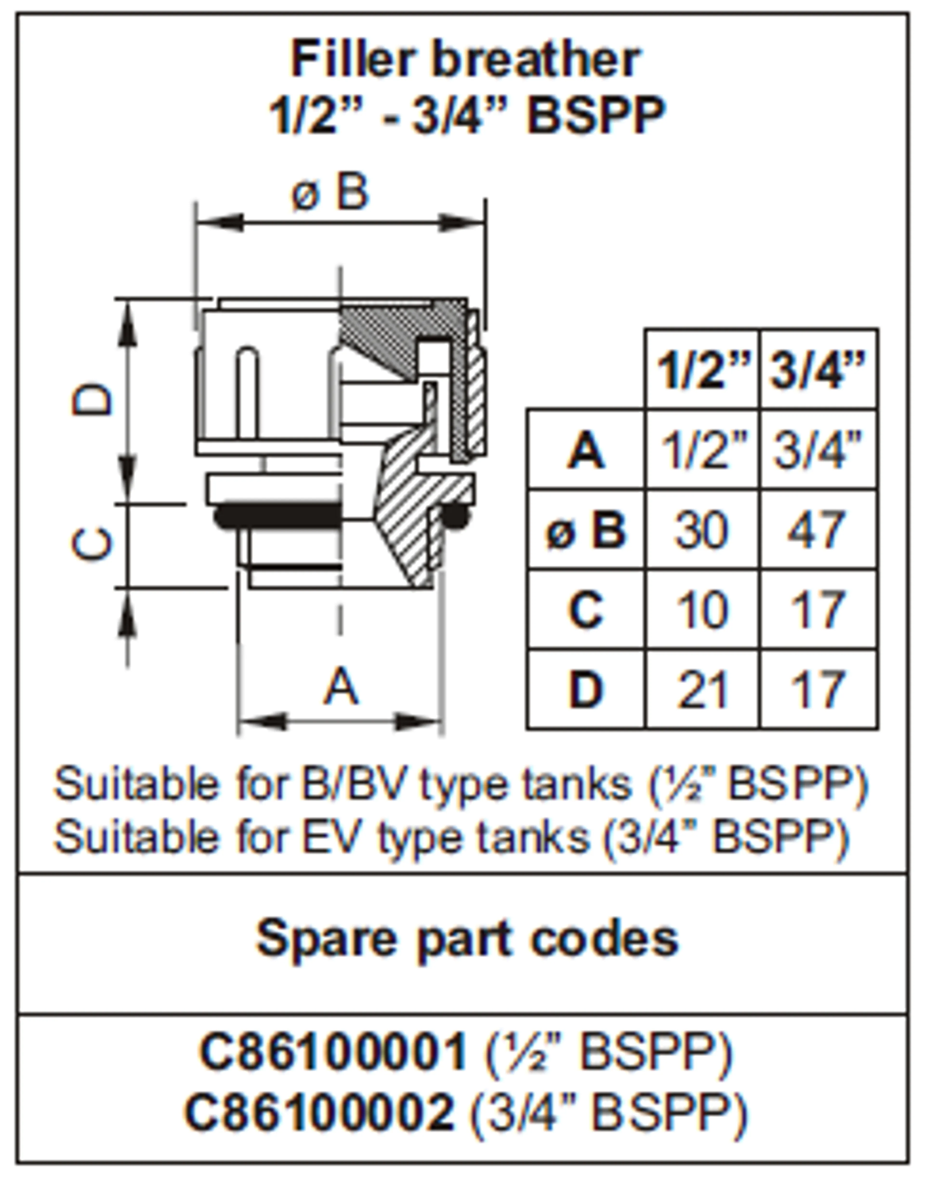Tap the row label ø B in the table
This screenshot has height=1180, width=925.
coord(586,530)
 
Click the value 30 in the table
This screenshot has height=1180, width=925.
coord(701,530)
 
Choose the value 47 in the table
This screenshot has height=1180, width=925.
coord(816,530)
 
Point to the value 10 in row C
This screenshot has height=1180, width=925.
coord(701,610)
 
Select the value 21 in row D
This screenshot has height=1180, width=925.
coord(701,690)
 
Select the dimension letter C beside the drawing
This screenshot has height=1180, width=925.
coord(92,543)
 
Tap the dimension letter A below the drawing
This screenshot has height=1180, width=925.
coord(341,686)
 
